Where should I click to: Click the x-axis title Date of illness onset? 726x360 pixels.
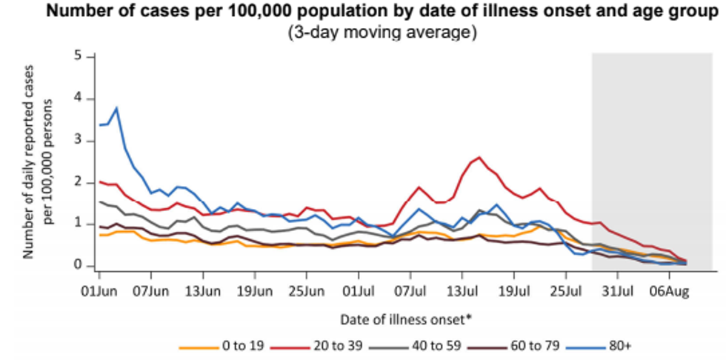(x=406, y=319)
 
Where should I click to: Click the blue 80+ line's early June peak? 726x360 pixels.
(x=116, y=108)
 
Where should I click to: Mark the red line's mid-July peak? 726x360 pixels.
(x=479, y=157)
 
